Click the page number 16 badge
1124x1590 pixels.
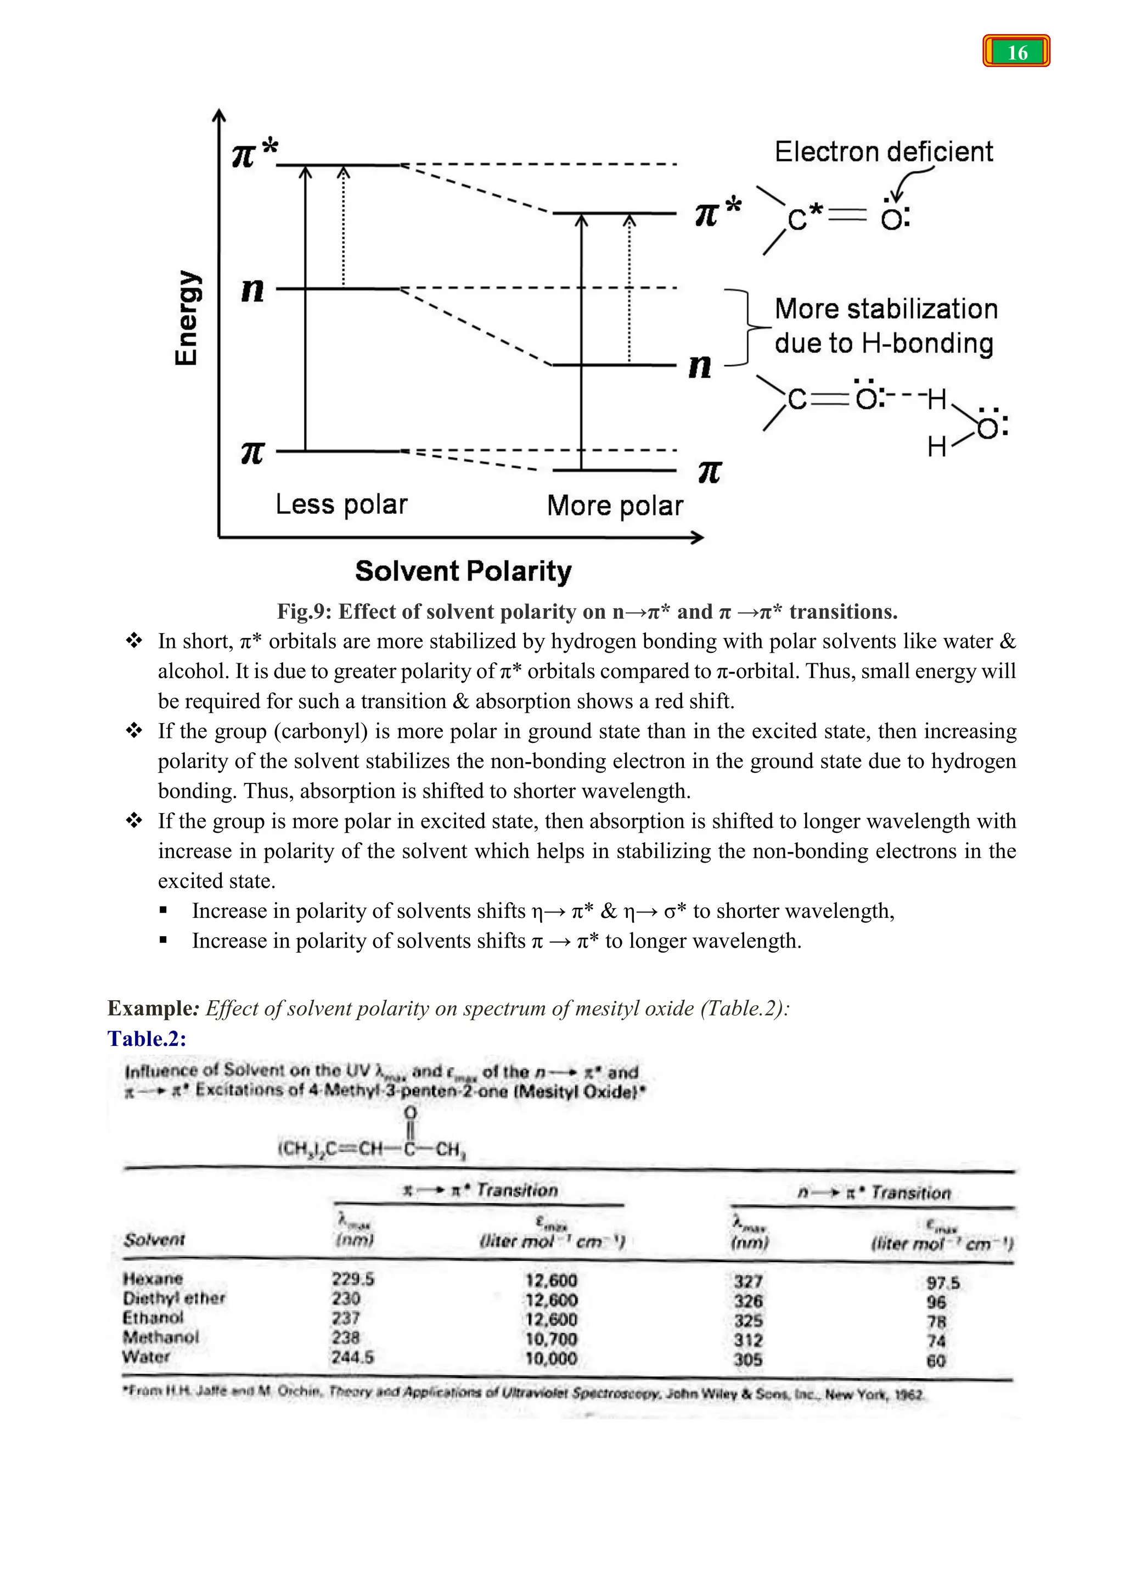coord(1016,52)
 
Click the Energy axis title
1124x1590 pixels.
coord(186,318)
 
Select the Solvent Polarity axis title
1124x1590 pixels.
coord(463,572)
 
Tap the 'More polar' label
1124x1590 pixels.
coord(615,506)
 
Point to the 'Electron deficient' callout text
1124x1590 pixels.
coord(883,152)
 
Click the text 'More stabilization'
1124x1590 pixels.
coord(886,309)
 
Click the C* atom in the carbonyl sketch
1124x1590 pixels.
coord(803,219)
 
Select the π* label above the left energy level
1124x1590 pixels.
coord(255,152)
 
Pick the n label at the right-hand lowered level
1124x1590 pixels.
coord(700,365)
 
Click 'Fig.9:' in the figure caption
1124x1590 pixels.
coord(304,612)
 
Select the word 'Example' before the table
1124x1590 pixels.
coord(149,1007)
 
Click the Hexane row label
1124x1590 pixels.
coord(153,1278)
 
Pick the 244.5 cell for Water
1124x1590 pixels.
coord(352,1357)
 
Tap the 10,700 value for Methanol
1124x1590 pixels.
coord(551,1339)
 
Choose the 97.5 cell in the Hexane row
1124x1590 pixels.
coord(943,1283)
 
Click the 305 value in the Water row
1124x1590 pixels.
coord(748,1359)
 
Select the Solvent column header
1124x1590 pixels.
coord(154,1240)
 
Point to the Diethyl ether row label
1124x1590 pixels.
coord(175,1298)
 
